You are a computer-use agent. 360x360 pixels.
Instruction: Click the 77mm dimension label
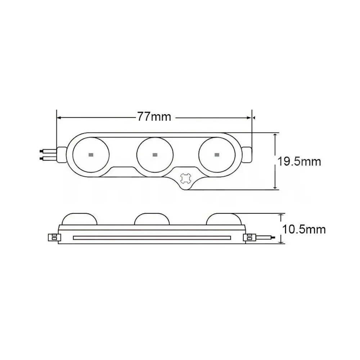tap(154, 117)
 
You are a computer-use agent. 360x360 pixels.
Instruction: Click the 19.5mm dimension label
tap(299, 161)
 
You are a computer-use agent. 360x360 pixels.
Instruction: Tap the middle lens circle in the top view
tap(154, 154)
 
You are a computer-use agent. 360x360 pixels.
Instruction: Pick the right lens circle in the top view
tap(217, 154)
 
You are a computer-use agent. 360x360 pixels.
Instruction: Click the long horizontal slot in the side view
tap(152, 237)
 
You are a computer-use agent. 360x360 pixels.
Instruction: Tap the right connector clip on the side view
tap(248, 237)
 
